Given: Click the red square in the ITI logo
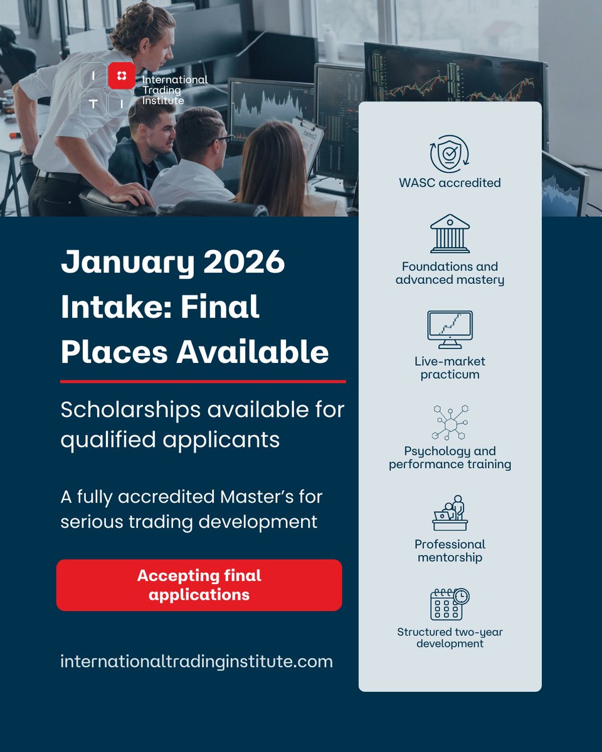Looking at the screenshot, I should tap(121, 76).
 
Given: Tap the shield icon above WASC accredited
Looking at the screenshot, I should tap(450, 154).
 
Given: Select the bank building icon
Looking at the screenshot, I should tap(450, 234).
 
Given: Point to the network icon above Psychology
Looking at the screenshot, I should tap(450, 422).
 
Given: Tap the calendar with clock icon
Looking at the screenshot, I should tap(450, 604).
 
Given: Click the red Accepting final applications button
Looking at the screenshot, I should tap(199, 585).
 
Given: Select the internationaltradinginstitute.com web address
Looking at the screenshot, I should tap(196, 661).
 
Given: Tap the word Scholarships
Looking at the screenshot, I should tap(131, 410).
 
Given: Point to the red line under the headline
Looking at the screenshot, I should tap(203, 381).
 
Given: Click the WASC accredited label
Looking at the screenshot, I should tap(450, 183).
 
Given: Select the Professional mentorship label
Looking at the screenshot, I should tap(450, 550).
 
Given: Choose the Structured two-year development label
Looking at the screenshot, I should tap(450, 637).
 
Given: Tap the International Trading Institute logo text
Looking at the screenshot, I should tap(174, 90).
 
